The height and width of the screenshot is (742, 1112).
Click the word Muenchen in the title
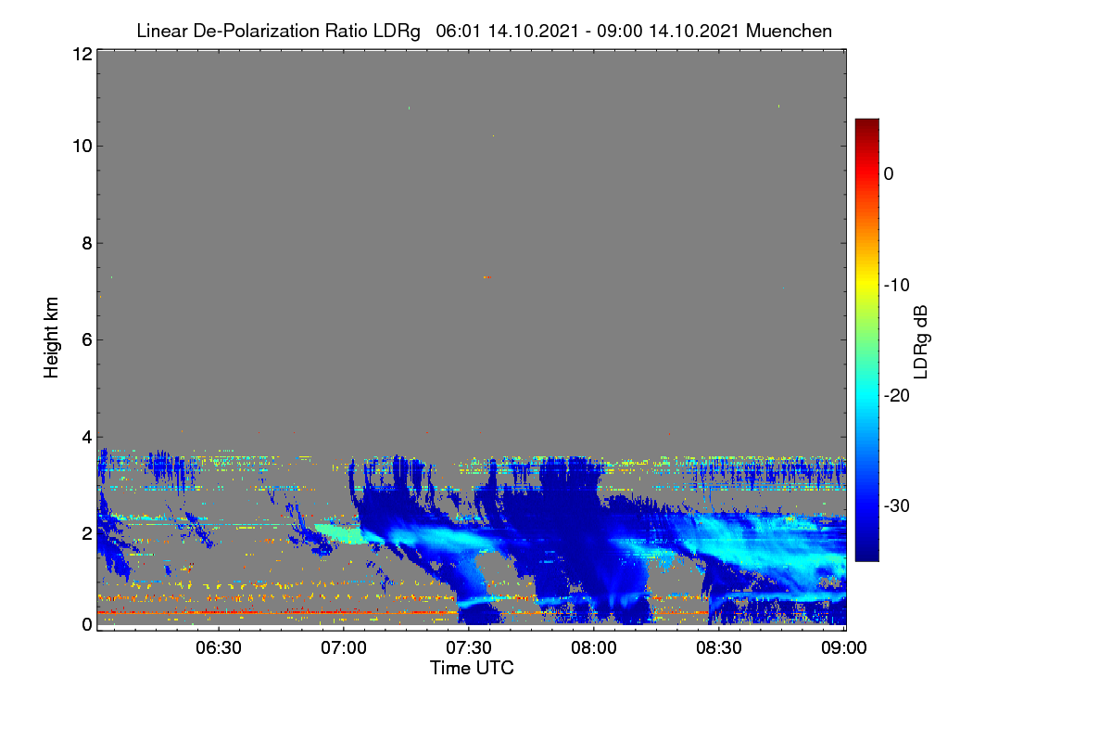point(789,32)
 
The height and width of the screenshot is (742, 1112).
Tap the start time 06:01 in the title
point(458,32)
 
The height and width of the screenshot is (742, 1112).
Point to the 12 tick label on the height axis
point(82,54)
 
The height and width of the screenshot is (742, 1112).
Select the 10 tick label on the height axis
point(82,147)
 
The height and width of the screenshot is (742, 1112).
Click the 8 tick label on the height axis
point(87,244)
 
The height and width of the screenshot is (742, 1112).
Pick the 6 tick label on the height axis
point(87,340)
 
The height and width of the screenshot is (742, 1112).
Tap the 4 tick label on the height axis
point(87,438)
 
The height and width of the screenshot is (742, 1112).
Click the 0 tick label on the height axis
point(87,624)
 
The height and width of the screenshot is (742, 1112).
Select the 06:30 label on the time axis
point(219,648)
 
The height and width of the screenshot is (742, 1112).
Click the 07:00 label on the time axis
point(344,648)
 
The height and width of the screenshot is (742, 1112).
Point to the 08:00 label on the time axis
point(594,648)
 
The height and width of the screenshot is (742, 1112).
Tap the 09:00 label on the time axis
point(843,648)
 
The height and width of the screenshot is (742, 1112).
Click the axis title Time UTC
point(472,668)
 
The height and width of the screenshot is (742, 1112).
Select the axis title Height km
point(51,338)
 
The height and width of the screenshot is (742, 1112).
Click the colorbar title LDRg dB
point(920,342)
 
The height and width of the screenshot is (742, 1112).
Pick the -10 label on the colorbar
point(897,286)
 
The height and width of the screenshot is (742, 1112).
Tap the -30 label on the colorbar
point(897,505)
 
